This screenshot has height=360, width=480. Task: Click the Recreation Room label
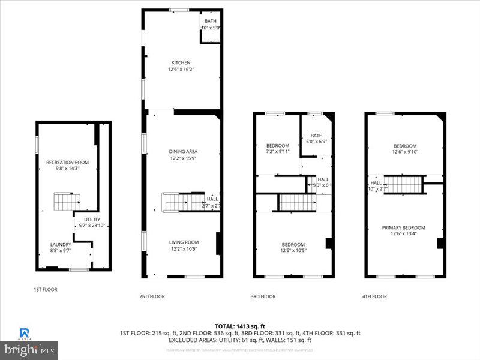[67, 163]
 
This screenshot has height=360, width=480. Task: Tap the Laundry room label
[61, 244]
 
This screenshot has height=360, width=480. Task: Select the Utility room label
[92, 220]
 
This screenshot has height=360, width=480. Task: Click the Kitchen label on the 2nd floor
[181, 62]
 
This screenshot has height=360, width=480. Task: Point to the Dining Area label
[182, 151]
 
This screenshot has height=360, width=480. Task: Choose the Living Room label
[183, 242]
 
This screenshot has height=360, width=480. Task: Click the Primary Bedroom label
[404, 227]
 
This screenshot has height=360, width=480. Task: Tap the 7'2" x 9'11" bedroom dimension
[278, 152]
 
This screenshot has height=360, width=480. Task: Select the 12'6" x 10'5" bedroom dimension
[293, 251]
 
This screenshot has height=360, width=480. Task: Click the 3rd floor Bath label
[316, 135]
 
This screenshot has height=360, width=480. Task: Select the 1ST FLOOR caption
[45, 289]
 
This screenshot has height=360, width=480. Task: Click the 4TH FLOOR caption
[374, 296]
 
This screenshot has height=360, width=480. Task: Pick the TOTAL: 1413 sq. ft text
[239, 325]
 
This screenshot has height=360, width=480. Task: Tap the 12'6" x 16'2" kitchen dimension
[181, 70]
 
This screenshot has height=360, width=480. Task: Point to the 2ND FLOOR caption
[152, 296]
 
